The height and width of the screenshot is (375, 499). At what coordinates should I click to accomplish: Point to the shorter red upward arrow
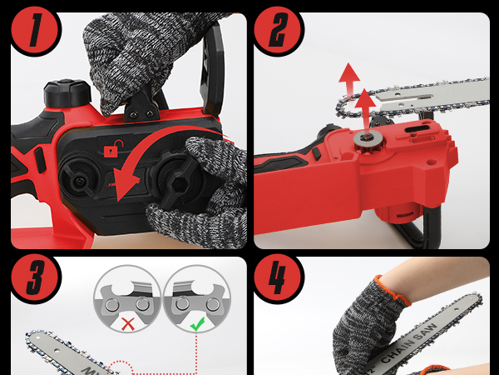[x=363, y=102]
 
